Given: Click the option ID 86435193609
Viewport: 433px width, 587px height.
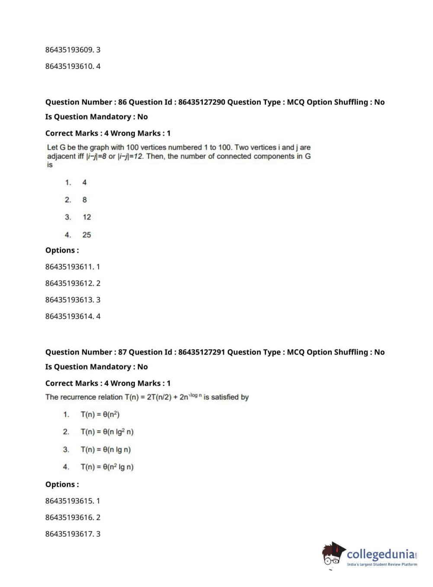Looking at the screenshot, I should pos(69,50).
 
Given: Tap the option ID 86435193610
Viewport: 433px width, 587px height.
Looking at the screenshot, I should pos(69,66).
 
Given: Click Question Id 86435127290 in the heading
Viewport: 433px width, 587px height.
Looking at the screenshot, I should pos(202,102).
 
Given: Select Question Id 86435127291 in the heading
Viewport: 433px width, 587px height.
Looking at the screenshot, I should pos(202,352).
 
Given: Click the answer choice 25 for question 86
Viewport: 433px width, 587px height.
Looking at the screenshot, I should pos(87,235).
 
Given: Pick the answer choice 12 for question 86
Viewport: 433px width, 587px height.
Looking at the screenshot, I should pos(87,217).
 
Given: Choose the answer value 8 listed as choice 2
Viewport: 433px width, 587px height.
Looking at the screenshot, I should pos(84,200).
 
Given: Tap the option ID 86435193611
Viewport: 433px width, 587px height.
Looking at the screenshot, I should pos(69,267).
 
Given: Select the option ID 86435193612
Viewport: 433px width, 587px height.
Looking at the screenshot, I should pos(69,283).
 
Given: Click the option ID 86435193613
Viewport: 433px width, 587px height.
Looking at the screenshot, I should pos(69,300).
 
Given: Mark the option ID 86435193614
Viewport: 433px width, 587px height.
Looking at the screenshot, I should pos(69,316).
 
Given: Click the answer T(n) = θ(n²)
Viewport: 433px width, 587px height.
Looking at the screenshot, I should pos(100,415).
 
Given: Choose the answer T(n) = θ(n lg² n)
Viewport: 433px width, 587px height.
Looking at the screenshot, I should pos(107,432).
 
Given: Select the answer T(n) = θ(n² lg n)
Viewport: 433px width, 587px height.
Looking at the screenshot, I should pos(107,467).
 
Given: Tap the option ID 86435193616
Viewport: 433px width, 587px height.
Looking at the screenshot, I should pos(69,517).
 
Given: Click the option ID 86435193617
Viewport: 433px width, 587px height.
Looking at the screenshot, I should pos(69,534).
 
